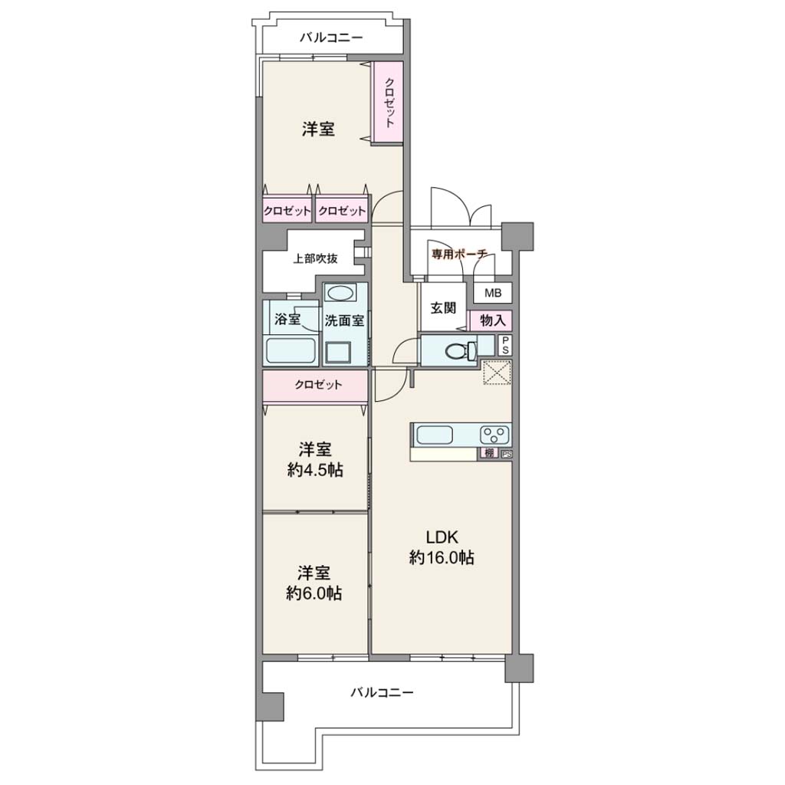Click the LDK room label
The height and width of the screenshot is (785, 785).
click(x=442, y=537)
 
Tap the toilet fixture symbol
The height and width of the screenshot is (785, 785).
click(x=461, y=350)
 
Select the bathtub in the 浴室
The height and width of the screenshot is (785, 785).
click(x=291, y=350)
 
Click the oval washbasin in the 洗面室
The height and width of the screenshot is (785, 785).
click(x=340, y=292)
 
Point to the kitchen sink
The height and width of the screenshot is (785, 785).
click(x=435, y=435)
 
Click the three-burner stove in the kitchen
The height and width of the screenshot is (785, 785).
click(x=495, y=435)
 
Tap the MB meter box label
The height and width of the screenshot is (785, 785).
click(x=493, y=293)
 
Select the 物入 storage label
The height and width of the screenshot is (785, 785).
click(x=493, y=320)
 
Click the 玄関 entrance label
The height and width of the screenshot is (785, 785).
click(x=444, y=308)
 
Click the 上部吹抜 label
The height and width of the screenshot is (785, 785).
click(x=315, y=258)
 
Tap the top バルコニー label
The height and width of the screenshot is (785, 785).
click(x=331, y=38)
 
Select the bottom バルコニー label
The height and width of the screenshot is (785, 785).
click(x=382, y=692)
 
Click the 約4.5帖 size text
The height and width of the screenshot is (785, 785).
click(x=315, y=470)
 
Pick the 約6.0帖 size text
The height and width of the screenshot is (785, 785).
click(x=314, y=593)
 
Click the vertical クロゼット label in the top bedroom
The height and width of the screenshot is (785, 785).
click(x=389, y=103)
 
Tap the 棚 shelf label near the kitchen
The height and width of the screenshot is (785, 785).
click(x=489, y=453)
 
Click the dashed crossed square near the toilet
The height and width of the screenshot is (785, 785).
click(x=497, y=373)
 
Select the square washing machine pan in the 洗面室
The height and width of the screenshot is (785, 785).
click(x=339, y=353)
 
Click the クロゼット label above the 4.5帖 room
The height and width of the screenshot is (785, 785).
click(x=318, y=385)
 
